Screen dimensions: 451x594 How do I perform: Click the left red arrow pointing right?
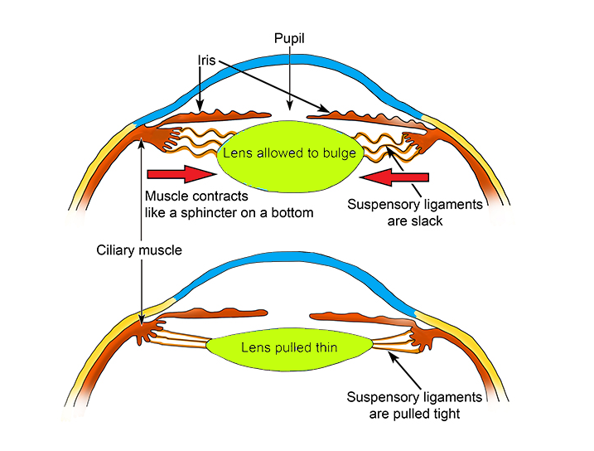(178, 174)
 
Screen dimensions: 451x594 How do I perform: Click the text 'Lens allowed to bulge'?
(288, 153)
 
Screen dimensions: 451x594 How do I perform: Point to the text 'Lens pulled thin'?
(288, 347)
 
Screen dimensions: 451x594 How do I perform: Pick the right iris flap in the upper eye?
(365, 114)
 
